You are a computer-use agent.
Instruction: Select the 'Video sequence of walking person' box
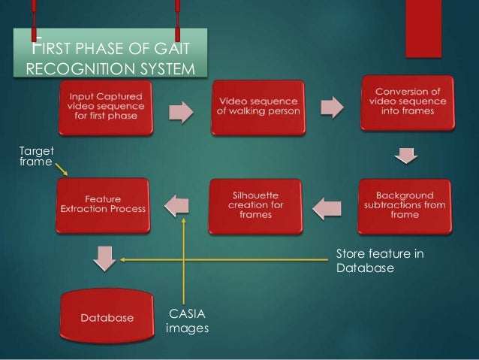point(257,107)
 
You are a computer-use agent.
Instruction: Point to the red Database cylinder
point(107,317)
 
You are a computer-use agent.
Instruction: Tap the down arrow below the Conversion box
point(406,156)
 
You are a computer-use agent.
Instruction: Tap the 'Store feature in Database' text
point(379,261)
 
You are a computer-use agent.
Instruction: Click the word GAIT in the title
point(173,50)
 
